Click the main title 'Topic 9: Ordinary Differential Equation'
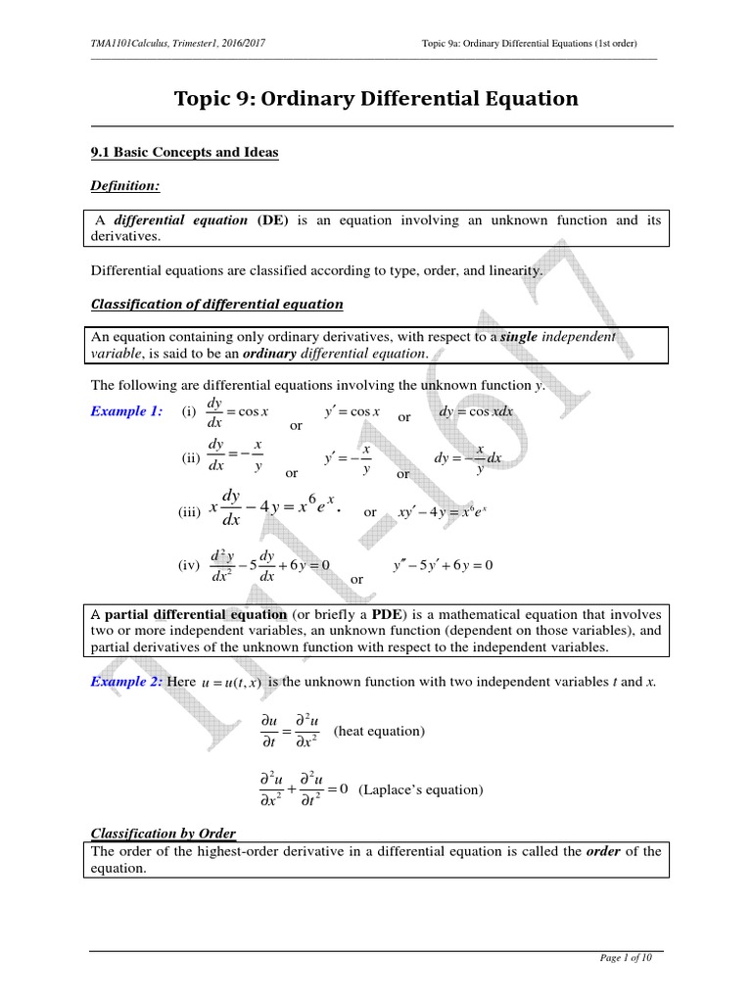click(x=376, y=99)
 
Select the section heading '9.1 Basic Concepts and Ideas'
click(x=184, y=152)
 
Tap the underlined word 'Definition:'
click(x=125, y=185)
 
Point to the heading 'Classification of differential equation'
click(x=216, y=304)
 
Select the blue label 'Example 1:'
click(x=126, y=411)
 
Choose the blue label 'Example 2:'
click(x=126, y=681)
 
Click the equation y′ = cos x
click(x=352, y=411)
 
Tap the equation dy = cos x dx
click(x=477, y=411)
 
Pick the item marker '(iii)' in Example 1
click(x=189, y=512)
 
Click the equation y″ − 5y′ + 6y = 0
click(x=443, y=565)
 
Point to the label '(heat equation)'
click(x=379, y=731)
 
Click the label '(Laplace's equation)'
click(x=421, y=789)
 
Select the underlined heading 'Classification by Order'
click(x=164, y=834)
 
